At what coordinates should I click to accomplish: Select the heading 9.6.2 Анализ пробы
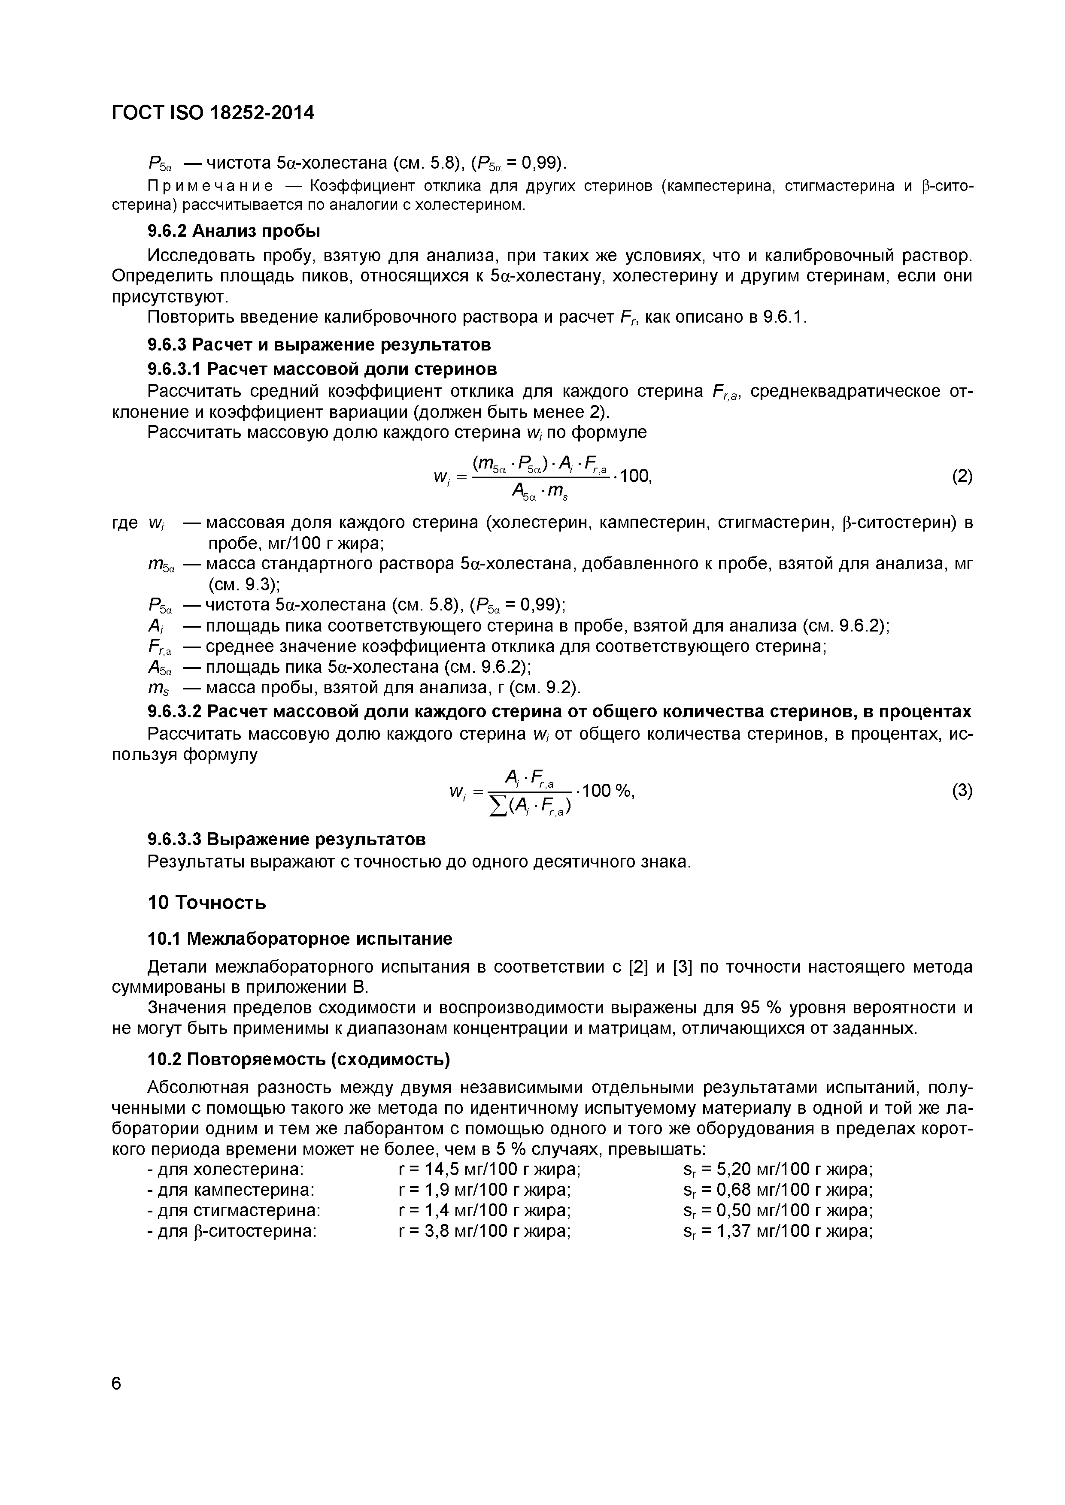pos(234,231)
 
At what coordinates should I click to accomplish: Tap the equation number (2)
pos(962,477)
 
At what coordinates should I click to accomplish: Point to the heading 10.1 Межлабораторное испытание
pos(300,939)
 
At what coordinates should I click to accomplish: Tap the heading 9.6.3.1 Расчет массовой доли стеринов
pos(322,369)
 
